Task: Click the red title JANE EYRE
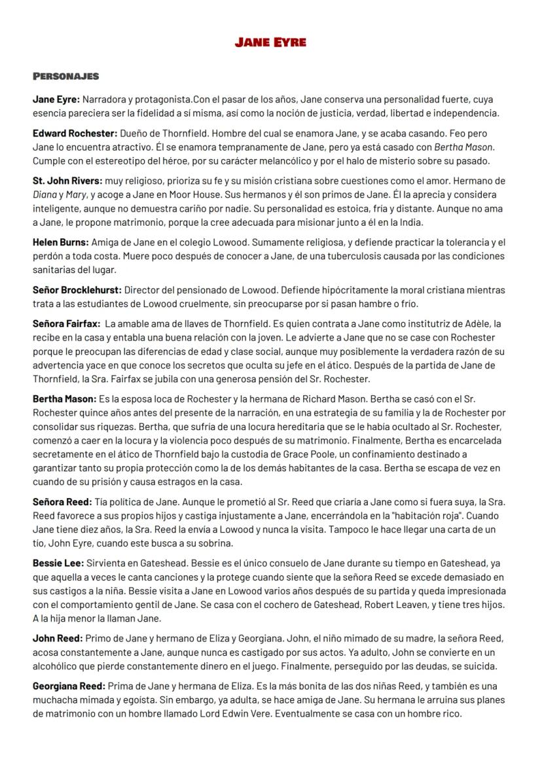tap(270, 43)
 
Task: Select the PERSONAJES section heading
tap(65, 77)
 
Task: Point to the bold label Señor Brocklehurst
tap(77, 289)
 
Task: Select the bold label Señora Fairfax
tap(66, 324)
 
